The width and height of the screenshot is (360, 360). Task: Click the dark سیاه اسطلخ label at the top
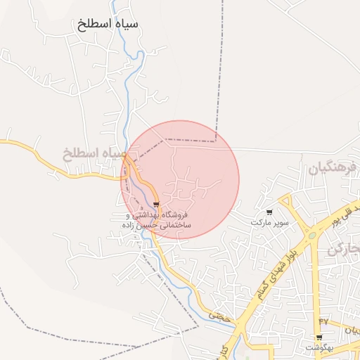point(109,24)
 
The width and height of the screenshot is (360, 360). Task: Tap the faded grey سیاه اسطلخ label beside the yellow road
point(94,153)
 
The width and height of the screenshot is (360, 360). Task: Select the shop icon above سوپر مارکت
point(269,212)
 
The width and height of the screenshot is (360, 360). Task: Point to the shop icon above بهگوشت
point(319,337)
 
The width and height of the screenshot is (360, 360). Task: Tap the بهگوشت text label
point(319,348)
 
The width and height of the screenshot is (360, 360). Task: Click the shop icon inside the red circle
point(155,204)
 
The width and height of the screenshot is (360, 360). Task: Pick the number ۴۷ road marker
point(323,321)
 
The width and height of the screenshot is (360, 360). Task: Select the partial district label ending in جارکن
point(347,250)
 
